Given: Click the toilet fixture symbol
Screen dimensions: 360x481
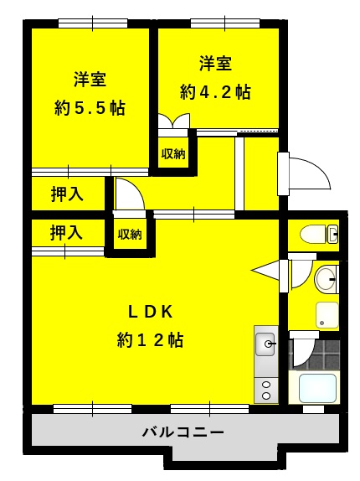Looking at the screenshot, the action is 319,235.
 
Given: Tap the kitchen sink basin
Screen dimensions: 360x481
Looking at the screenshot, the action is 265,344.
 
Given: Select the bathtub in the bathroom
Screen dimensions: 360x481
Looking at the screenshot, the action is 317,388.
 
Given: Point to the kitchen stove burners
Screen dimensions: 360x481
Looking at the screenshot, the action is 266,390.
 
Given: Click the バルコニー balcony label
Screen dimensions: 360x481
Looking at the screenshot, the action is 183,432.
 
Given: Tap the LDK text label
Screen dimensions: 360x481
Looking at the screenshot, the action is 151,312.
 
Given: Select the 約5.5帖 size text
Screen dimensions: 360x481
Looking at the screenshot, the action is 90,108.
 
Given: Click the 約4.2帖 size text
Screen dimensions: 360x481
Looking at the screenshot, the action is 215,91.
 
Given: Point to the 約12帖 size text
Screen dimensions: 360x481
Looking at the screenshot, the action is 150,340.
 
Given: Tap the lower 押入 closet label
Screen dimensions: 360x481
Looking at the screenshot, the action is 66,232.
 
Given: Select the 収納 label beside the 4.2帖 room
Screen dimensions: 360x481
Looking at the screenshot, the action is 173,153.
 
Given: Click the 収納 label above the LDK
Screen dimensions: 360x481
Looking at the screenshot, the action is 130,234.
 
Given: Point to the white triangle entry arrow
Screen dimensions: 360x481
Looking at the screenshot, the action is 265,271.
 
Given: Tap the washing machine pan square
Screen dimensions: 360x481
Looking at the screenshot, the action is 327,315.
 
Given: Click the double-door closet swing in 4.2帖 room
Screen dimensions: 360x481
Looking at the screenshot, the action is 174,121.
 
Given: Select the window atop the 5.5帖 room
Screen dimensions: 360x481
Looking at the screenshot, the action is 93,23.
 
